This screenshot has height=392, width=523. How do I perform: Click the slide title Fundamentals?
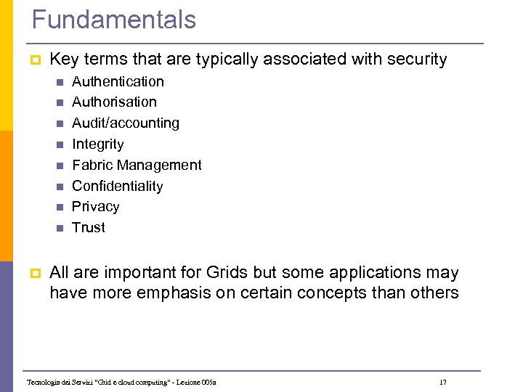coord(114,20)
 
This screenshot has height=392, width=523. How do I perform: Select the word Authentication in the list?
coord(118,81)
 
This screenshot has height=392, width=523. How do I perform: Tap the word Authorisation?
coord(114,102)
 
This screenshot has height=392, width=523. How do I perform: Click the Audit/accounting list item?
coord(126,123)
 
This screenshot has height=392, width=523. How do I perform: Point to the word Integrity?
coord(98,144)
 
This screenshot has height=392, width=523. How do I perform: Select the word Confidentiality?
coord(118,187)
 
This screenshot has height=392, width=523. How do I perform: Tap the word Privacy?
coord(96,207)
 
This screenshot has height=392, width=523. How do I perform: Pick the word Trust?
coord(89,228)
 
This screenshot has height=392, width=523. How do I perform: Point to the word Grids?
coord(227,273)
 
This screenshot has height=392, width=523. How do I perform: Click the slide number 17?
coord(443,382)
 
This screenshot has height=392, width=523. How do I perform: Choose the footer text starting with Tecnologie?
coord(121,382)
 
